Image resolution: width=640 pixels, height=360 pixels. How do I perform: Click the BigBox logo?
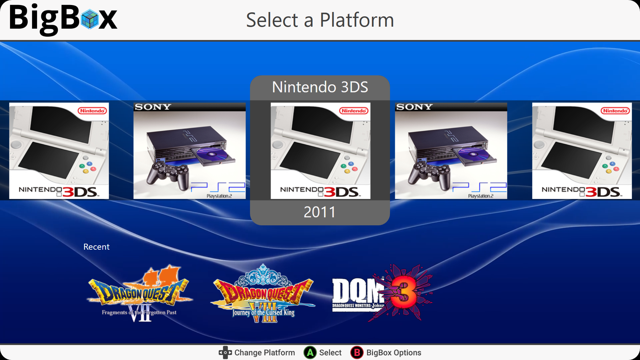63,19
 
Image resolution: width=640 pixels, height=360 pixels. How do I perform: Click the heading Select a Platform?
320,20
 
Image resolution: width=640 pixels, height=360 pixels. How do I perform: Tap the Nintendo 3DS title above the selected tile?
320,87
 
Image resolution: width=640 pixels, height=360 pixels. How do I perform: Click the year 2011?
320,212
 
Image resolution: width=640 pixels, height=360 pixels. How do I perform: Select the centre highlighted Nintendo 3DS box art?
320,151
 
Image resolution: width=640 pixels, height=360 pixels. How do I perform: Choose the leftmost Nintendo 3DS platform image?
59,151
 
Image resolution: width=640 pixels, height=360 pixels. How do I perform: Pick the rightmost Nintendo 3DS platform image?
582,151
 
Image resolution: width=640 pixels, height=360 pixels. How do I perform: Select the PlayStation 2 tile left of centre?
190,151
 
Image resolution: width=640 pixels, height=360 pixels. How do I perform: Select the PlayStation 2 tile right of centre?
451,151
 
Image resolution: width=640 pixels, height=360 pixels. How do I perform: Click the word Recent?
96,247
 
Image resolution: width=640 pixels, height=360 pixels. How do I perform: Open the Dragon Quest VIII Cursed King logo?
263,293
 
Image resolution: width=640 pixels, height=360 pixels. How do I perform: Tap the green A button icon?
310,352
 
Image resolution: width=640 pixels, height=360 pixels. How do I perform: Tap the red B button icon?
357,352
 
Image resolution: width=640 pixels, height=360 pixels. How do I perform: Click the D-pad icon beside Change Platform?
225,352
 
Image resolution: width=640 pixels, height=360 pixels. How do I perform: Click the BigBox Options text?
394,353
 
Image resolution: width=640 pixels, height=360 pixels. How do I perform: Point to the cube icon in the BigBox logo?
90,19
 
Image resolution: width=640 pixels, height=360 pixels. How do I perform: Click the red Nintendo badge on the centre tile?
354,111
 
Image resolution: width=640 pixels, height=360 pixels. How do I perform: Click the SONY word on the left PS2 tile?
153,107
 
